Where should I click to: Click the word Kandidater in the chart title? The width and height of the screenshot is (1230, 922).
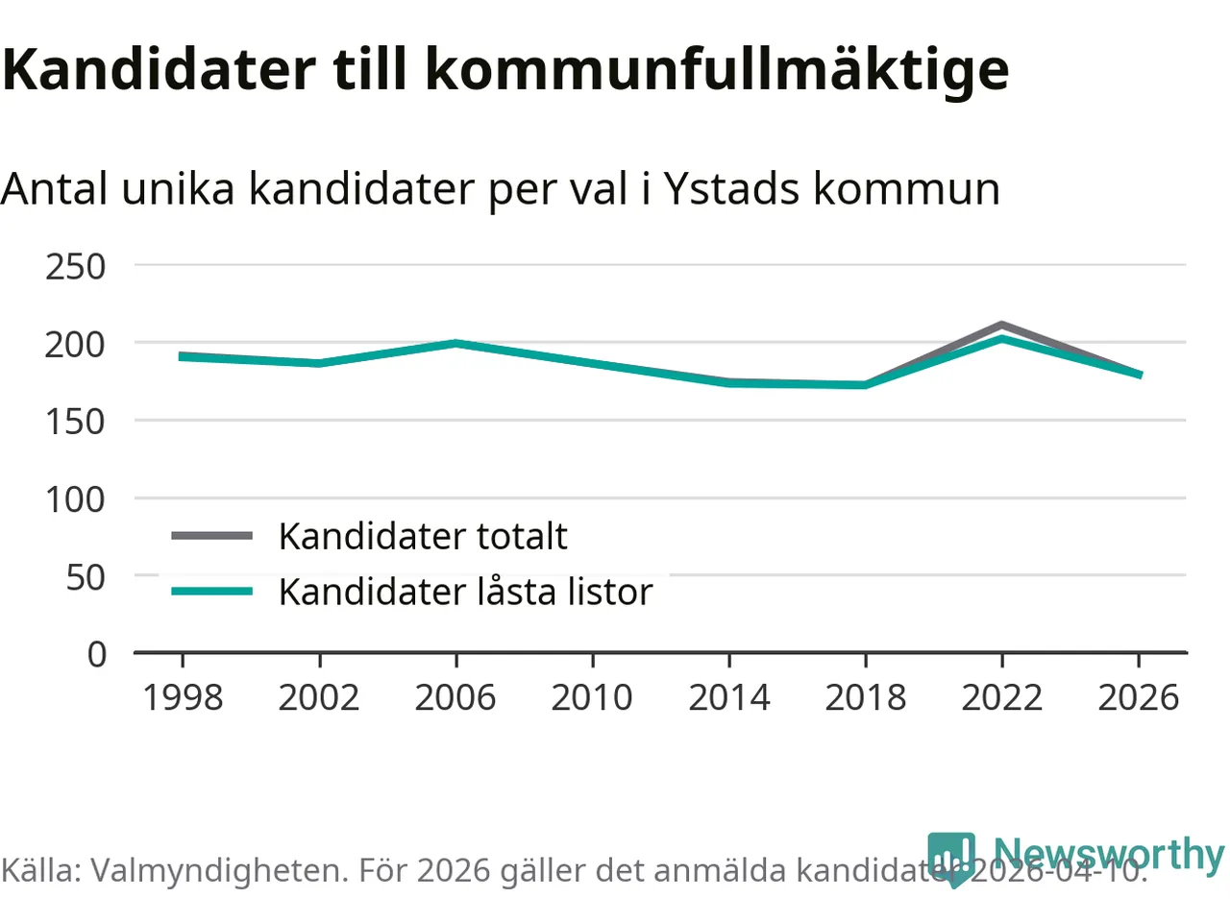coord(159,69)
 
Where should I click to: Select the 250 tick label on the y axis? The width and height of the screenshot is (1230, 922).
coord(75,266)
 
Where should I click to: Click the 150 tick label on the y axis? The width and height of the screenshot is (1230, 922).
coord(75,421)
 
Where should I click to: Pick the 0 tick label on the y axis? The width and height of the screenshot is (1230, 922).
coord(96,654)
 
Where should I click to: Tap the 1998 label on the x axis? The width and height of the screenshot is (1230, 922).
coord(183,697)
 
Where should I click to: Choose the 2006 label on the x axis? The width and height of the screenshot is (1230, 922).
coord(455,697)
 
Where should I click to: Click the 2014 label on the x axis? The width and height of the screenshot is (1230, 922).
coord(729,697)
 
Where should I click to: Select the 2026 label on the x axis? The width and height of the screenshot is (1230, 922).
coord(1139,697)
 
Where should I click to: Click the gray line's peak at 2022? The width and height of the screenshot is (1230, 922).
coord(1002,325)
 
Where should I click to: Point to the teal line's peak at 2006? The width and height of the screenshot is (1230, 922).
coord(455,343)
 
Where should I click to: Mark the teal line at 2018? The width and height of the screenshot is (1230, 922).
coord(866,385)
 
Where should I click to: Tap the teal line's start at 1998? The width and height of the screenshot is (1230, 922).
coord(183,356)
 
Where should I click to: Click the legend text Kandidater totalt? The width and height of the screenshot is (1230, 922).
coord(423,536)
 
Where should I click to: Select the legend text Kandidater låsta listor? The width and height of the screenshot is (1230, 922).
coord(465,592)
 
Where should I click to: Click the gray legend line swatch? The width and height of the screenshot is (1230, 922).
coord(212,536)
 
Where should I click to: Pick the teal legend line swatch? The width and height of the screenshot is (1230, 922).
coord(212,592)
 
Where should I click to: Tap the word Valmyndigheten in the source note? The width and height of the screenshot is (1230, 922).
coord(219,870)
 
